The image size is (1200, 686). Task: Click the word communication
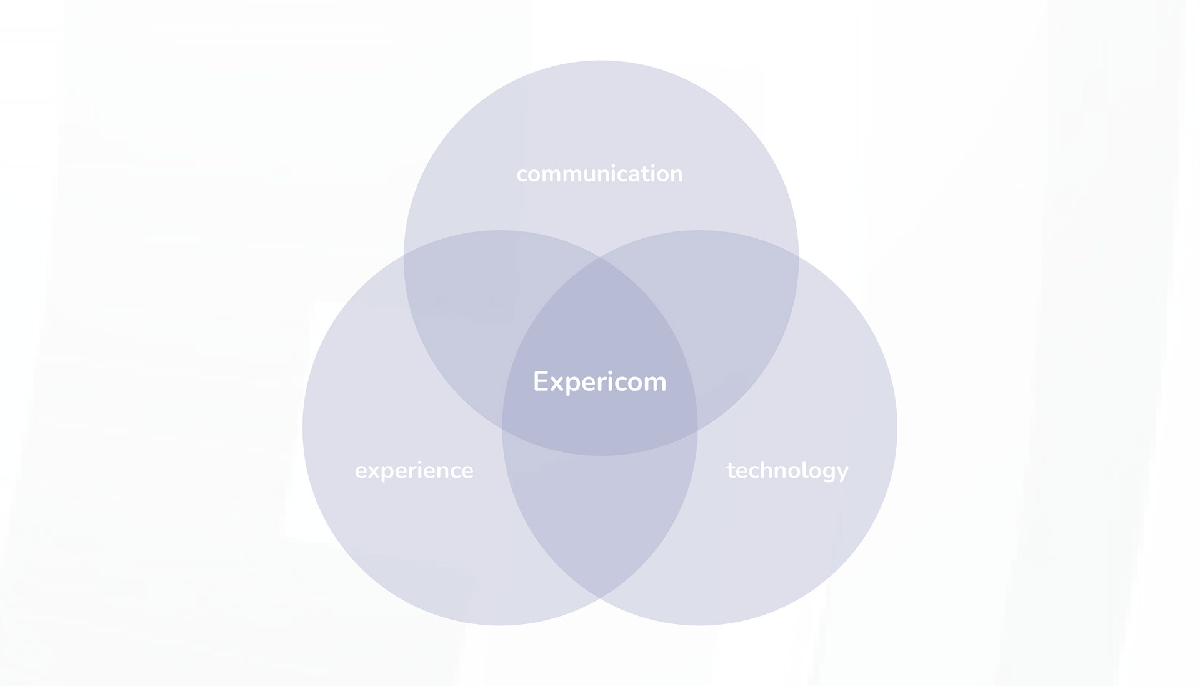coord(599,174)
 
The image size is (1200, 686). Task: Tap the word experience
coord(414,470)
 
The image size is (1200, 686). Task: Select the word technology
coord(787,470)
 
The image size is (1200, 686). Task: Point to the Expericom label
coord(599,381)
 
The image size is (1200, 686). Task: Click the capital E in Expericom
coord(541,381)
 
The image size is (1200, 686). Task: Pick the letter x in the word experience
coord(373,471)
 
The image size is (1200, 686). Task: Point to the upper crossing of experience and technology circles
coord(600,257)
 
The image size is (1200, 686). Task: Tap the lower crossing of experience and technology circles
coord(600,598)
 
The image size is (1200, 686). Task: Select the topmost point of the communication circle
coord(601,61)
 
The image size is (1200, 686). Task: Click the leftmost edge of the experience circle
coord(302,428)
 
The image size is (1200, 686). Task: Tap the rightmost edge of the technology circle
coord(897,428)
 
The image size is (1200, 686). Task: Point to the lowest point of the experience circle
coord(500,625)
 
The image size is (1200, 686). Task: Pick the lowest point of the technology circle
coord(700,625)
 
